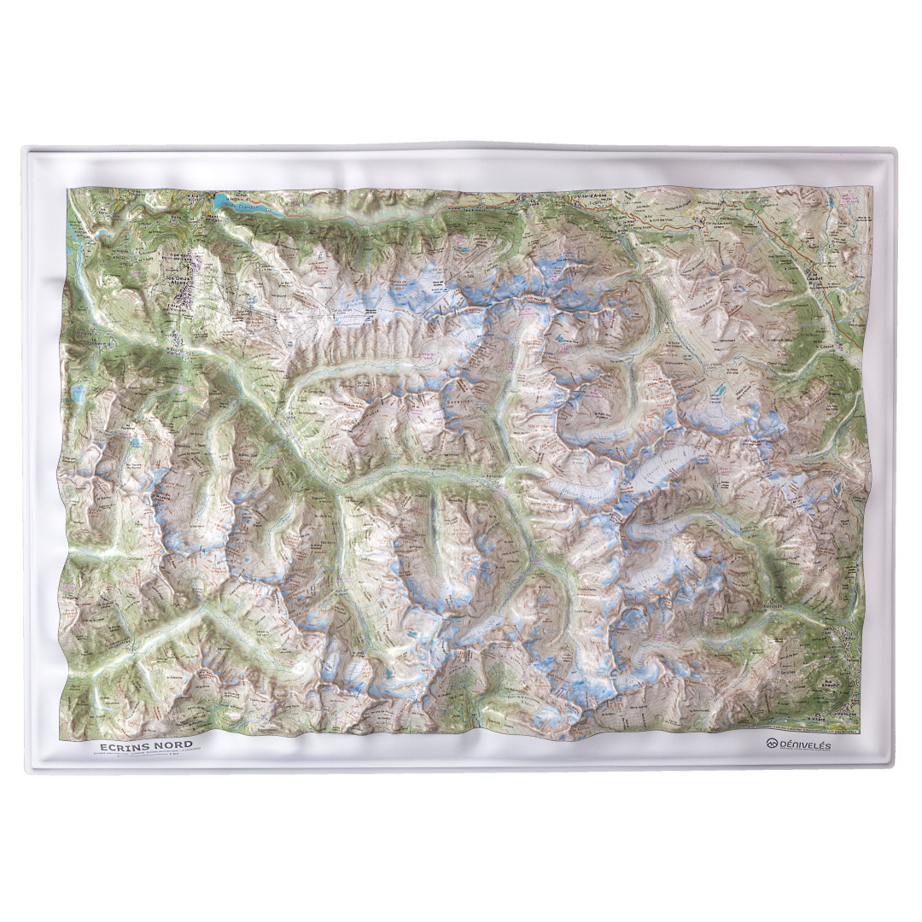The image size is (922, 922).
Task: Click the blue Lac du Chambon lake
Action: (224, 202)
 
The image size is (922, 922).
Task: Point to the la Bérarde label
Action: (496, 476)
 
